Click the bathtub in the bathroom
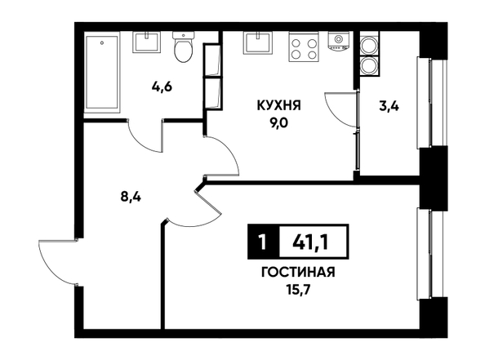pyautogui.click(x=102, y=73)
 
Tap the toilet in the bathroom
pyautogui.click(x=184, y=47)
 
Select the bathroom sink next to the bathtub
pyautogui.click(x=147, y=42)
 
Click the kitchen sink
pyautogui.click(x=257, y=42)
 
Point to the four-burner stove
pyautogui.click(x=304, y=47)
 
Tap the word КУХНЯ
pyautogui.click(x=278, y=106)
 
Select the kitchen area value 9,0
pyautogui.click(x=278, y=123)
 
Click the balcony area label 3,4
pyautogui.click(x=389, y=106)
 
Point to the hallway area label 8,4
pyautogui.click(x=131, y=197)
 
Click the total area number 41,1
pyautogui.click(x=310, y=242)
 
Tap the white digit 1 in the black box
pyautogui.click(x=263, y=242)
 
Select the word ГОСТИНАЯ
pyautogui.click(x=298, y=273)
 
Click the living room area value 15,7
pyautogui.click(x=298, y=291)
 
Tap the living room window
pyautogui.click(x=431, y=254)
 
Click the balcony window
pyautogui.click(x=431, y=102)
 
